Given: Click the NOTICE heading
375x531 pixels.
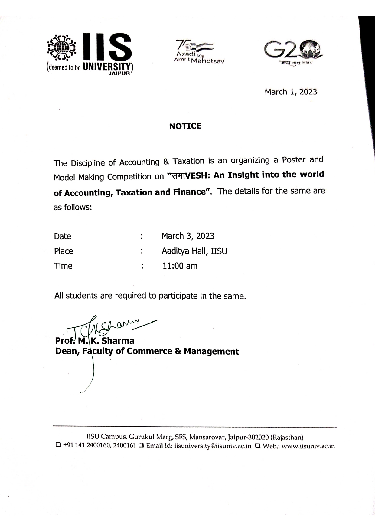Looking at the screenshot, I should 185,126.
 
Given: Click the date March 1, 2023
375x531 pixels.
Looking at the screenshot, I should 291,92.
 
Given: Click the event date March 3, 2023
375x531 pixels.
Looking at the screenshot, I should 188,236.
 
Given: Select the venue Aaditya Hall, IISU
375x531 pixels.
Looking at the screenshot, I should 194,251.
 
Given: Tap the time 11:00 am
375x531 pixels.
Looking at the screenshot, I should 180,266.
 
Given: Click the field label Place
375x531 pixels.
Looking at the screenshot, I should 64,251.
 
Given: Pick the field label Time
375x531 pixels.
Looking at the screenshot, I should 63,266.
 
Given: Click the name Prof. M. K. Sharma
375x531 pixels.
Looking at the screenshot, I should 95,341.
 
